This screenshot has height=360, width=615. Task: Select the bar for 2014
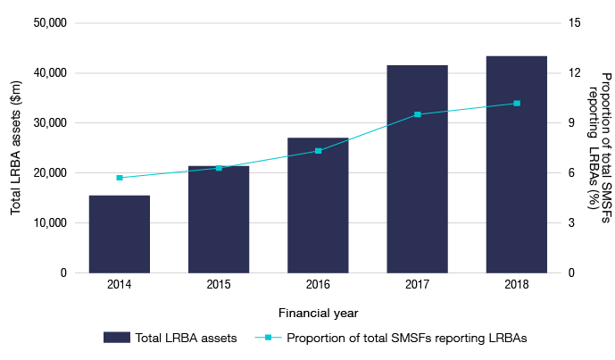120,233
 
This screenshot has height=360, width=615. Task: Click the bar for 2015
219,219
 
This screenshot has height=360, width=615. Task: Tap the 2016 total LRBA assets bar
318,205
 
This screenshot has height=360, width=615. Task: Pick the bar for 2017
417,169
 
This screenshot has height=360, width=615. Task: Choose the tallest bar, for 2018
516,164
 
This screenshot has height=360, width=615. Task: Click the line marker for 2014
120,178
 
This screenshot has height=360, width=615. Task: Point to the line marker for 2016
318,151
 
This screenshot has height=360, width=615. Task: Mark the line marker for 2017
417,114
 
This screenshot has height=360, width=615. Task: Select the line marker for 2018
516,104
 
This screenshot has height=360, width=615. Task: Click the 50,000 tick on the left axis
50,23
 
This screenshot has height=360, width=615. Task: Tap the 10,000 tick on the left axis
50,223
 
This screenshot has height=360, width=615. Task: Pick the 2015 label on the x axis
219,284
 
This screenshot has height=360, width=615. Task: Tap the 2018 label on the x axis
516,284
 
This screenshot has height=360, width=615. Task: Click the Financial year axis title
318,313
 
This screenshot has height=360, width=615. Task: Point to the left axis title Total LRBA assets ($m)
16,147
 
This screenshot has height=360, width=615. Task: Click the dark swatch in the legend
116,338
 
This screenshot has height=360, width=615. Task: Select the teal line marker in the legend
272,338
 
